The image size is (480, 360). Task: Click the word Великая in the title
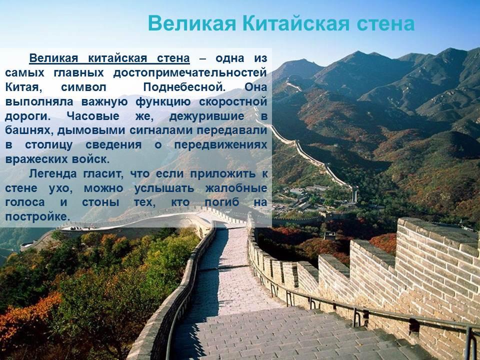pos(192,23)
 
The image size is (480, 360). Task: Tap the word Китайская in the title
pos(296,23)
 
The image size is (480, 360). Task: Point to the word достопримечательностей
pos(190,73)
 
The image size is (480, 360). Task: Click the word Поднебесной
pos(184,87)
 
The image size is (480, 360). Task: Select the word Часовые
pos(93,116)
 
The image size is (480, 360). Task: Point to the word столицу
pos(49,145)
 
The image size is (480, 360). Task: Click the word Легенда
pos(53,174)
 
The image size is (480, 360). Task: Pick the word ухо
pos(60,188)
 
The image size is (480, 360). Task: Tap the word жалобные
pos(236,188)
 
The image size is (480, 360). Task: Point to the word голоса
pos(25,202)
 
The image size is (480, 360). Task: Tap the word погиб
pos(222,202)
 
